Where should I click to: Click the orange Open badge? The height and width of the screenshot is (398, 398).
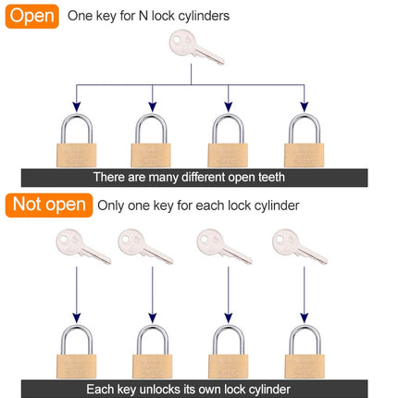click(x=33, y=16)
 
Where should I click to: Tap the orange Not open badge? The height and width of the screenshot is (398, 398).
click(x=49, y=205)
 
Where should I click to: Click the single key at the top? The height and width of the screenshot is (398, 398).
click(x=195, y=47)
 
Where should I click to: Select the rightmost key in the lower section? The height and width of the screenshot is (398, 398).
click(x=299, y=247)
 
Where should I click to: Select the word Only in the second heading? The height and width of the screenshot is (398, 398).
click(x=117, y=205)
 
